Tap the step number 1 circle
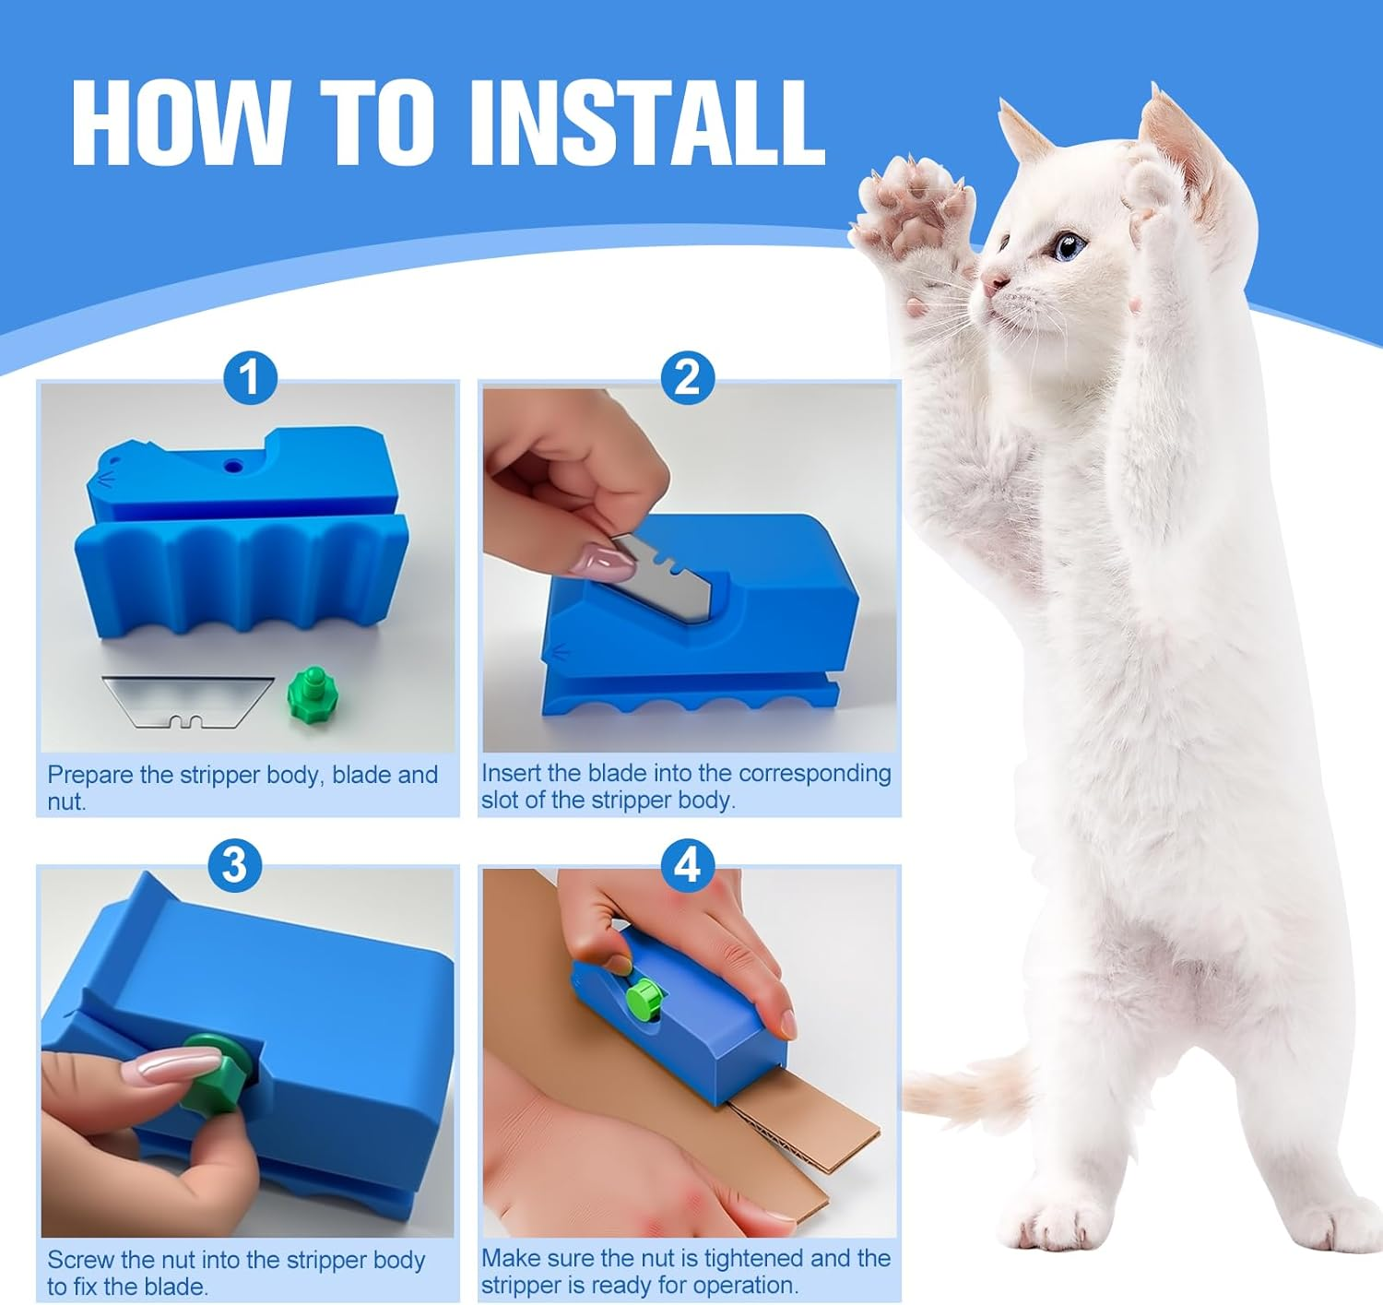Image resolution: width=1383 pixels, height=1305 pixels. tap(250, 377)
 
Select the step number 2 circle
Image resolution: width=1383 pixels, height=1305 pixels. tap(688, 377)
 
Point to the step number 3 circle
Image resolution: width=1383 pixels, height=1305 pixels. tap(234, 865)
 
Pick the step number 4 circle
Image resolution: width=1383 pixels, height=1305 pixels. tap(688, 865)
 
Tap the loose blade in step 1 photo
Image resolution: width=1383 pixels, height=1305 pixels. tap(187, 700)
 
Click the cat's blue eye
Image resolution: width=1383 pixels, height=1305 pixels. tap(1069, 246)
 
